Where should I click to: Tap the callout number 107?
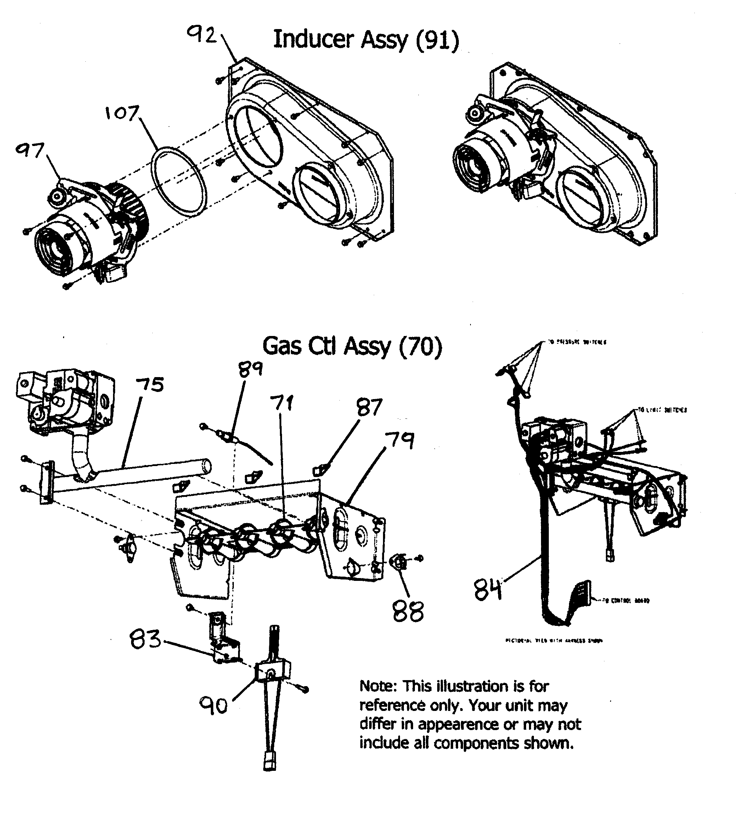tap(122, 113)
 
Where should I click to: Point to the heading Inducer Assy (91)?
tap(366, 40)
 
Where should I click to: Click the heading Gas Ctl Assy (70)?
tap(352, 347)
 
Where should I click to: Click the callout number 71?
tap(282, 403)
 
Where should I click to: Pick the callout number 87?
tap(370, 408)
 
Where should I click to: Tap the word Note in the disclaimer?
tap(377, 686)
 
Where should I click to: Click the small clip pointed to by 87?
tap(318, 471)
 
